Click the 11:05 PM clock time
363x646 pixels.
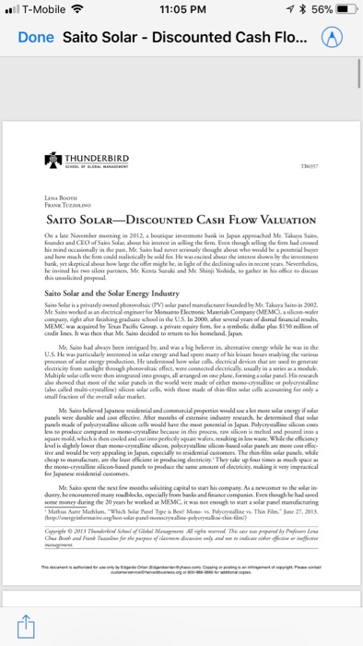tap(181, 11)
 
